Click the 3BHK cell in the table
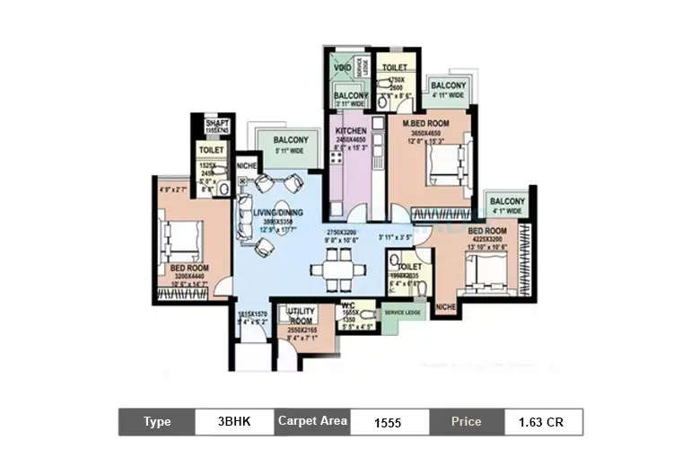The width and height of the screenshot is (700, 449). tap(234, 422)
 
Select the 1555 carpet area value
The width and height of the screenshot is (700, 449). tap(388, 422)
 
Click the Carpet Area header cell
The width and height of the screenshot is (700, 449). tap(311, 422)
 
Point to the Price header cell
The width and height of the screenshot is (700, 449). tap(465, 422)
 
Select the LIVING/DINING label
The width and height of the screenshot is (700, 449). tap(277, 212)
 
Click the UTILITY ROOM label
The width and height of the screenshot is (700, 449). tap(300, 313)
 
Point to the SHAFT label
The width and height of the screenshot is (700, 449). tap(217, 123)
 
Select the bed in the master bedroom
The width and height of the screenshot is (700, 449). tap(445, 163)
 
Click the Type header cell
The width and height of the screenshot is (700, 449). tap(157, 422)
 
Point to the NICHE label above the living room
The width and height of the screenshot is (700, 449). tap(246, 165)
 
